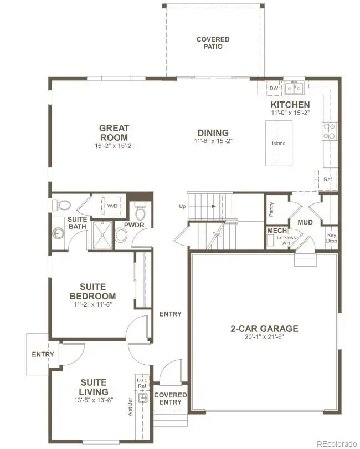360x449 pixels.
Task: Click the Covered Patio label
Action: tap(213, 43)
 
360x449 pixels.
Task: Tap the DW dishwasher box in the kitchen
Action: tap(274, 88)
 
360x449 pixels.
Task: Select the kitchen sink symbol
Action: tap(294, 88)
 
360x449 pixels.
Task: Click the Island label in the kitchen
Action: tap(279, 144)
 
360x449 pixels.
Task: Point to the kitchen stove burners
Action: tap(329, 131)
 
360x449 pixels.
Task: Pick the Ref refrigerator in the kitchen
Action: tap(327, 180)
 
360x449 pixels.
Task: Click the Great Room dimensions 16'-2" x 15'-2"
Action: tap(114, 146)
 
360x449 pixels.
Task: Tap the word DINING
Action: tap(213, 133)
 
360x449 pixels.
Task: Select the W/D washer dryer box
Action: tap(112, 206)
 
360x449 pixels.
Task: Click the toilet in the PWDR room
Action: tap(140, 211)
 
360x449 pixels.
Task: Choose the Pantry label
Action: tap(271, 209)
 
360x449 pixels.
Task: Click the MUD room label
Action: tap(306, 222)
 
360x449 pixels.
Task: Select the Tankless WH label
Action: tap(286, 241)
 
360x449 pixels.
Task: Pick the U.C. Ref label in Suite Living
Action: tap(142, 383)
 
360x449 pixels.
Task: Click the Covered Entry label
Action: tap(171, 399)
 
